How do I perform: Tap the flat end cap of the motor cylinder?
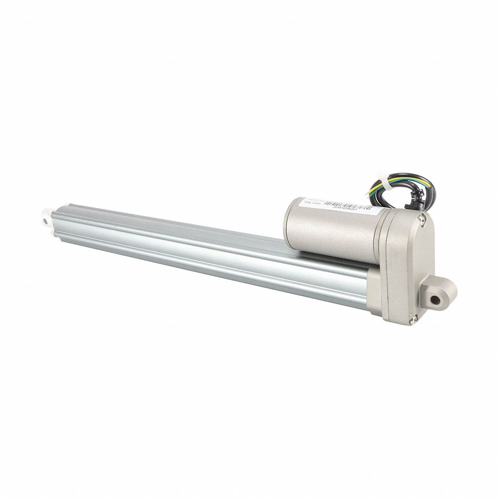click(290, 217)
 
